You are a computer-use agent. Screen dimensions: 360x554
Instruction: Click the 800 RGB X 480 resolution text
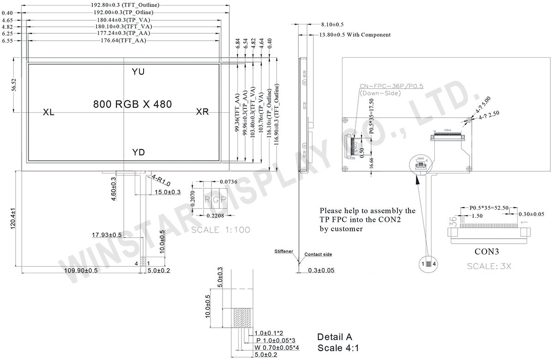(132, 104)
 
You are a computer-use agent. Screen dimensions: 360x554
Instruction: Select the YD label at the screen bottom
(138, 153)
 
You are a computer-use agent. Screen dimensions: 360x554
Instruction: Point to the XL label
(48, 112)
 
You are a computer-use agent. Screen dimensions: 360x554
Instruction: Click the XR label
(202, 112)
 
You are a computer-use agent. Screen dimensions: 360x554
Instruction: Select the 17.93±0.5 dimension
(107, 235)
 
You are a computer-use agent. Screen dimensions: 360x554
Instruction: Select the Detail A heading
(334, 336)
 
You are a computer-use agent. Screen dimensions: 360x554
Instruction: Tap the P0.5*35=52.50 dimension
(489, 208)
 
